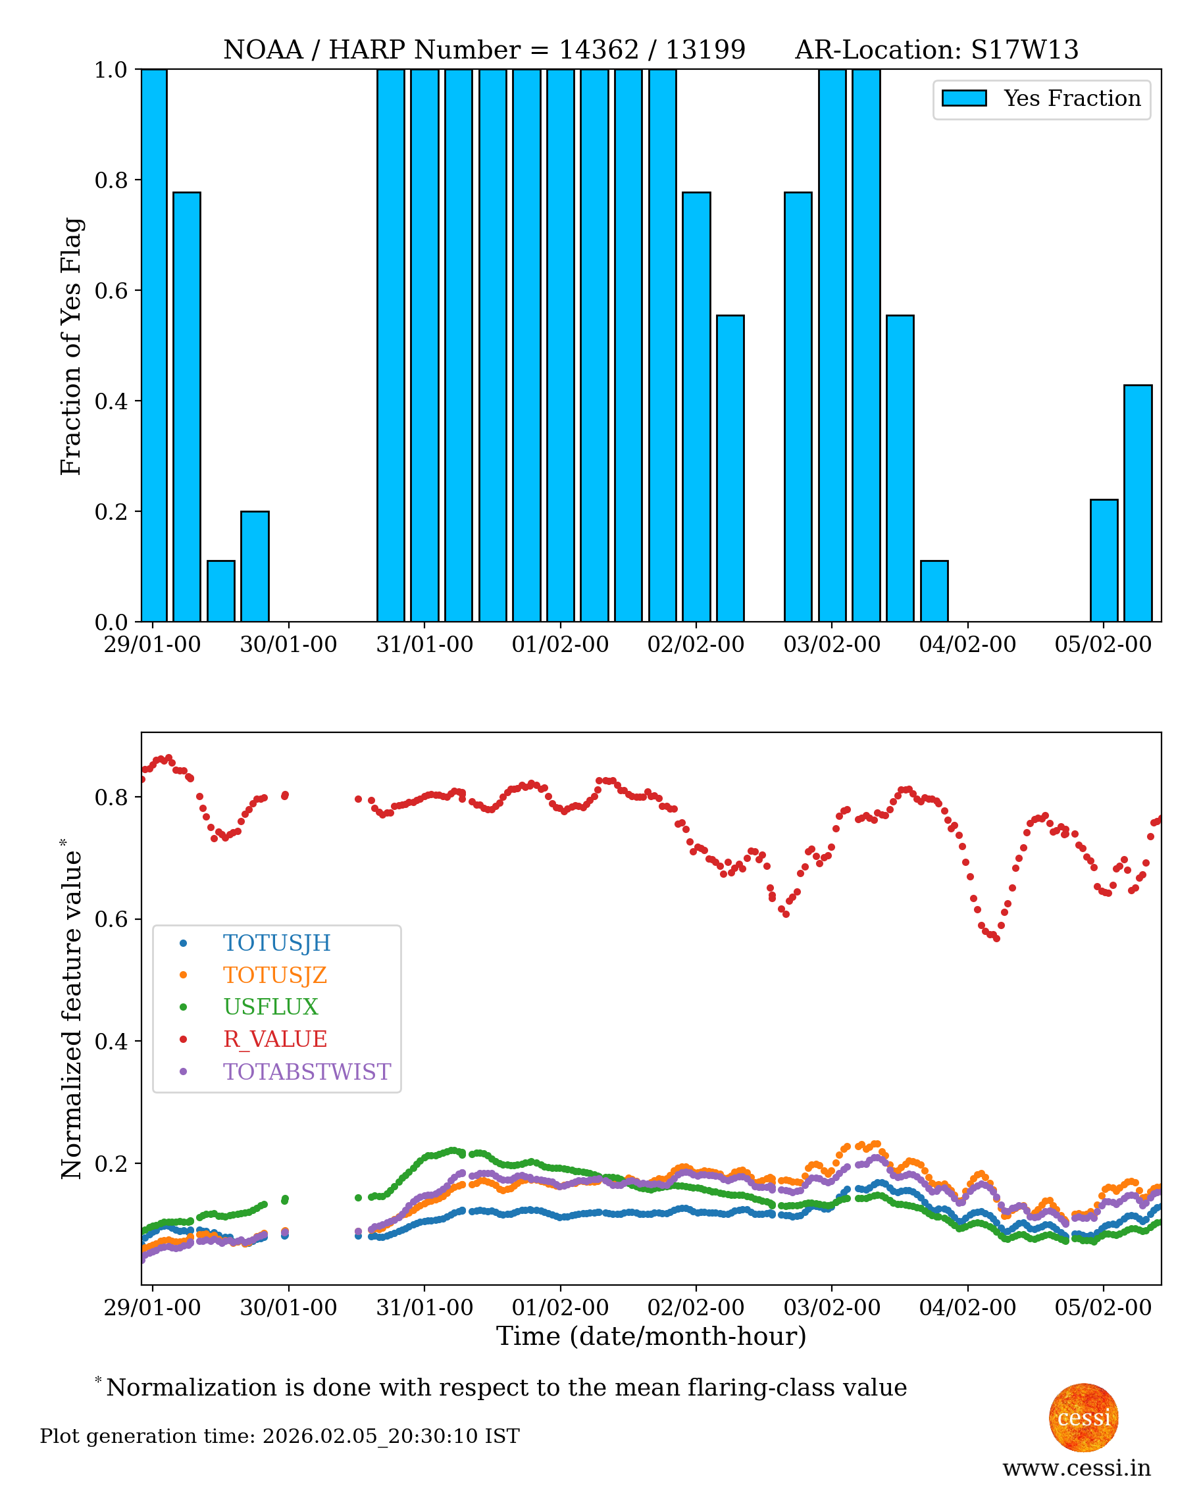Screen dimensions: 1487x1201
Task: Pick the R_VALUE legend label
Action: pyautogui.click(x=274, y=1040)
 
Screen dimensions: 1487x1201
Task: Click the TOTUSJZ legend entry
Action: pyautogui.click(x=274, y=975)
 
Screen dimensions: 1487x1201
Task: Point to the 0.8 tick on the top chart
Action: pyautogui.click(x=111, y=180)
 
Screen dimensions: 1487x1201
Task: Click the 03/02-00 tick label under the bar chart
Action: pyautogui.click(x=832, y=645)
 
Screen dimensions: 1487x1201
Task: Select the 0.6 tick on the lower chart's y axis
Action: pyautogui.click(x=111, y=919)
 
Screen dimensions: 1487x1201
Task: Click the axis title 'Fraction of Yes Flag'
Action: pyautogui.click(x=71, y=346)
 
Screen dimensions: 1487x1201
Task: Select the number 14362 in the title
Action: pyautogui.click(x=598, y=50)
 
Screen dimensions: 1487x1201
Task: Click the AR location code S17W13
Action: pyautogui.click(x=1025, y=50)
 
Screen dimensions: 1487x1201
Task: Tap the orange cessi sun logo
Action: pyautogui.click(x=1083, y=1417)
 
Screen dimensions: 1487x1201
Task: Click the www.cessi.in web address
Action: pyautogui.click(x=1077, y=1468)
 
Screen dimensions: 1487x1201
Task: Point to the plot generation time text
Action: pyautogui.click(x=280, y=1436)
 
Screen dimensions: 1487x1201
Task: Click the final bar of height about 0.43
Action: pyautogui.click(x=1137, y=503)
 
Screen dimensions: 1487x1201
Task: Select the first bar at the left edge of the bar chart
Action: pyautogui.click(x=154, y=346)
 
